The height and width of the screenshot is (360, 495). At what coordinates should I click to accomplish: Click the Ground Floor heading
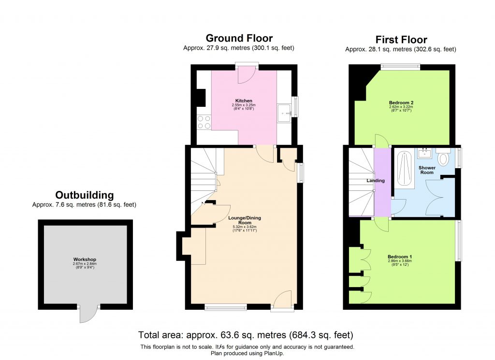(x=239, y=38)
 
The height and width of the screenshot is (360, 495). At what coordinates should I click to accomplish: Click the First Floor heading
(x=401, y=40)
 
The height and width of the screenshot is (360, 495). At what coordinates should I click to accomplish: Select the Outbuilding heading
(x=84, y=195)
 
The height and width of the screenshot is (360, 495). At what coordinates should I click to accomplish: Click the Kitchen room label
(x=244, y=101)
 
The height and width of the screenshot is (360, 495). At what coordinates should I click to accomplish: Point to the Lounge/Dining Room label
(x=244, y=220)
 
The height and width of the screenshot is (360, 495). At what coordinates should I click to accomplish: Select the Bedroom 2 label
(x=401, y=102)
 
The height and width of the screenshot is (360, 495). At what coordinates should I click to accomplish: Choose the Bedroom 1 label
(x=400, y=257)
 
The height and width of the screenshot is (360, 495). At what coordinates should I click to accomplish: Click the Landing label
(x=376, y=181)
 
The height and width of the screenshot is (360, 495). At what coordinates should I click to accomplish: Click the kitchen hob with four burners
(x=203, y=122)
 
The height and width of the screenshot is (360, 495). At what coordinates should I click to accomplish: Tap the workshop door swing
(x=88, y=314)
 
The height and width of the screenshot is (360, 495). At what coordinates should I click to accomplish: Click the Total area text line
(x=246, y=335)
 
